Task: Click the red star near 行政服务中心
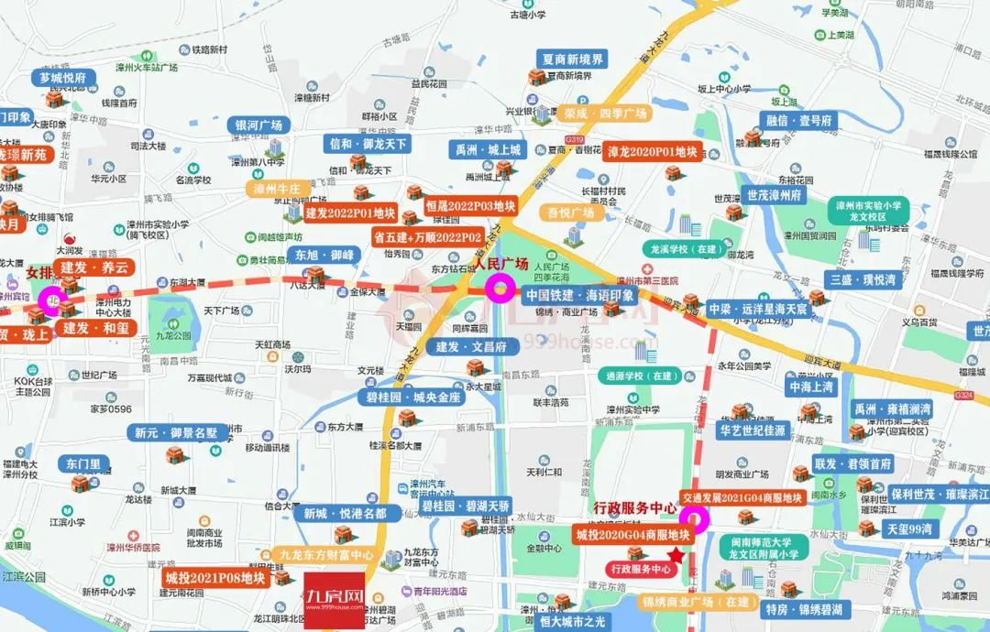pos(676,554)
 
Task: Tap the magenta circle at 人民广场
pos(500,290)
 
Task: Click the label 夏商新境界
pos(574,60)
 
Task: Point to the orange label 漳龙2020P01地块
pos(652,151)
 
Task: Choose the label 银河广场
pos(259,125)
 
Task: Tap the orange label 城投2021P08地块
pos(215,578)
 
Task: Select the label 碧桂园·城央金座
pos(412,398)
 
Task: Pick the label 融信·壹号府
pos(798,121)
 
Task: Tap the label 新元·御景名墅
pos(175,432)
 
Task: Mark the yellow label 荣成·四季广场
pos(605,114)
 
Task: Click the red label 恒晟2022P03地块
pos(471,206)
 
